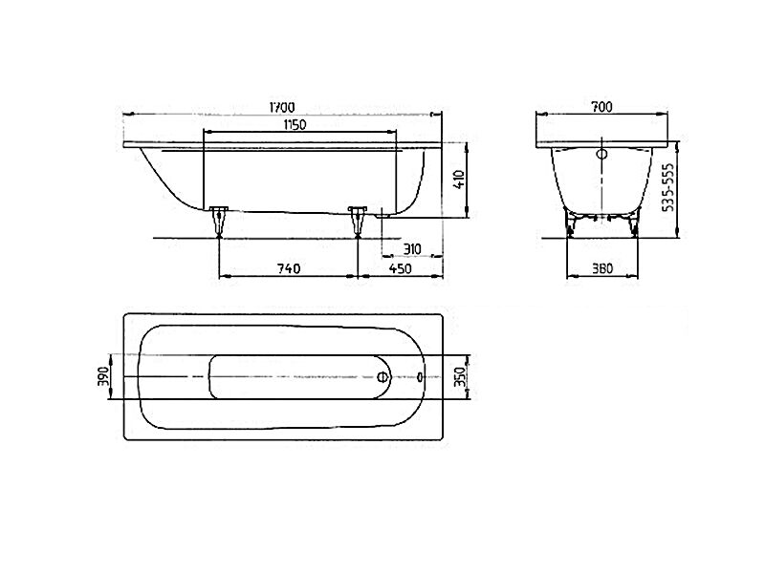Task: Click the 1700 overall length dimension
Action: point(281,107)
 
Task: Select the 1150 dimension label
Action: point(295,125)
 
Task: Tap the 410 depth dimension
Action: point(460,180)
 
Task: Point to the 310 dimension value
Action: point(412,249)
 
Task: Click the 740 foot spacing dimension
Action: point(289,268)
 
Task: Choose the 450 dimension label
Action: point(400,268)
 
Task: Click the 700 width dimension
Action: point(601,107)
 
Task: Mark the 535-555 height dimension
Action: point(669,186)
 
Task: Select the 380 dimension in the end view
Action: point(602,268)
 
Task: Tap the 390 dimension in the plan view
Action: point(103,376)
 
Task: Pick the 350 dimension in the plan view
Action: point(461,376)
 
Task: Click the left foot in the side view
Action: point(219,222)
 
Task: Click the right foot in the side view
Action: point(358,222)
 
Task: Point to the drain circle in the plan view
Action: point(384,376)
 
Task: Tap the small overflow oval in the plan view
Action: point(421,376)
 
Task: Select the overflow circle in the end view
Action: point(602,155)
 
